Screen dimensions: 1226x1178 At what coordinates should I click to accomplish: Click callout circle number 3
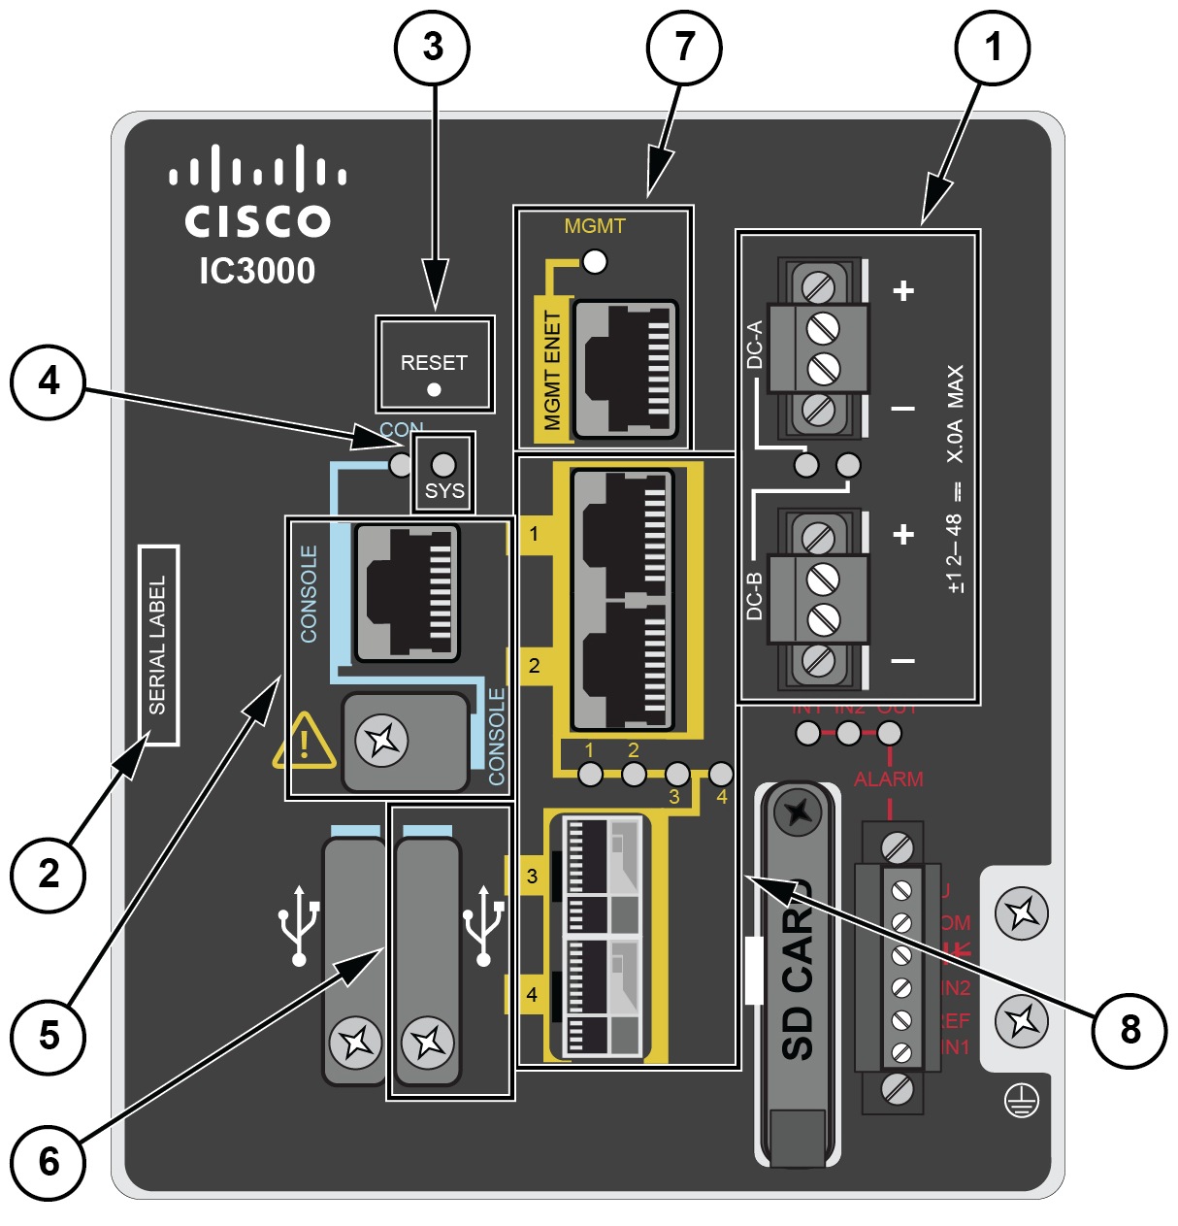coord(433,47)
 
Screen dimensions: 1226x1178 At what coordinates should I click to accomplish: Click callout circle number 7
coord(684,47)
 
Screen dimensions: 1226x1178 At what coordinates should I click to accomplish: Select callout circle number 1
coord(992,47)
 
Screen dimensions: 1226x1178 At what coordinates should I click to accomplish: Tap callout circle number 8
coord(1129,1030)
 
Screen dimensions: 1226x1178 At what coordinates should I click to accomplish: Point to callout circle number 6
coord(49,1162)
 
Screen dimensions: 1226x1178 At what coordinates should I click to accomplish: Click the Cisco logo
coord(257,195)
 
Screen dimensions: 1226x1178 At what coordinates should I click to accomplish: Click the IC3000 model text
coord(257,271)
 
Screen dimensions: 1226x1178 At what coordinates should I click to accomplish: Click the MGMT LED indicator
coord(594,261)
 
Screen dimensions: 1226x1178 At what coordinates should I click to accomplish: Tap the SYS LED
coord(443,464)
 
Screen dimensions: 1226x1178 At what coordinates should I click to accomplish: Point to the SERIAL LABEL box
coord(158,646)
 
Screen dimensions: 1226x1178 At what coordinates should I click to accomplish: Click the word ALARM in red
coord(888,779)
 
